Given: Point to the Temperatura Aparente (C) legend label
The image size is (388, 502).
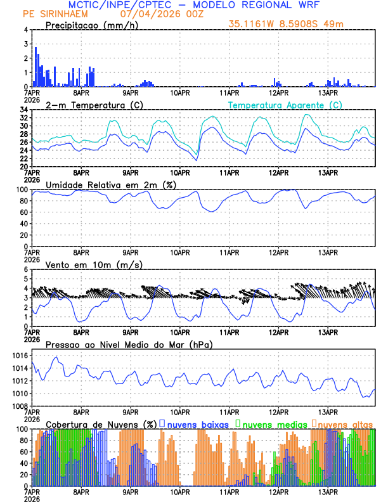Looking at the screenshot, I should point(285,105).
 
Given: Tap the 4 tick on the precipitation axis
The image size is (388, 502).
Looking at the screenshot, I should point(26,30).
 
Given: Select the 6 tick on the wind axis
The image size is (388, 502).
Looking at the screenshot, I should point(26,269).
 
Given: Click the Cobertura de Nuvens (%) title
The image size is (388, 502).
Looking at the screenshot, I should point(101,424).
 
